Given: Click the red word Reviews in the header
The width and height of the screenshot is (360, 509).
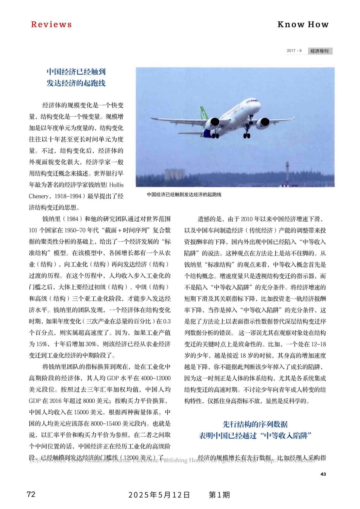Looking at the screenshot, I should pyautogui.click(x=51, y=24).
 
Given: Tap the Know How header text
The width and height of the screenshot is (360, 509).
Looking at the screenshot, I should pyautogui.click(x=303, y=24).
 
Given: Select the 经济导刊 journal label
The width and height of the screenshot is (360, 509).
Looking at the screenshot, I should pyautogui.click(x=320, y=51).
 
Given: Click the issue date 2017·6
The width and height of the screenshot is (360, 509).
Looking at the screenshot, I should pyautogui.click(x=294, y=51).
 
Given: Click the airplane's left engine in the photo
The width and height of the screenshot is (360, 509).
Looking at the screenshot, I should pyautogui.click(x=214, y=122).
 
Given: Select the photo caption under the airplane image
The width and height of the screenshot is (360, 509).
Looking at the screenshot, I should pyautogui.click(x=184, y=195).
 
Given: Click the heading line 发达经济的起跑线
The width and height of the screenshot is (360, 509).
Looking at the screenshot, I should pyautogui.click(x=76, y=83).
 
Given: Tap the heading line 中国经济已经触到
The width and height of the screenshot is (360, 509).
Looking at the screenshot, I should pyautogui.click(x=76, y=72).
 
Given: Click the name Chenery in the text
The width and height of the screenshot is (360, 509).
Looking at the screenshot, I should pyautogui.click(x=39, y=196).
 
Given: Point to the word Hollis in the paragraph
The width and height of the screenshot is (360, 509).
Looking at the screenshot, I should pyautogui.click(x=117, y=185).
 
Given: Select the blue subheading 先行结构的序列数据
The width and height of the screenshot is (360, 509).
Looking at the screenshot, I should pyautogui.click(x=255, y=424).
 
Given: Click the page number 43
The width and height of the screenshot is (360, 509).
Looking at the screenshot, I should pyautogui.click(x=323, y=474).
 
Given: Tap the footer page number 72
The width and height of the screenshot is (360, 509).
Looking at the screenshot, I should pyautogui.click(x=31, y=495).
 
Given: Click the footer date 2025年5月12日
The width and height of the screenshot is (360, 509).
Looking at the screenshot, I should pyautogui.click(x=159, y=495).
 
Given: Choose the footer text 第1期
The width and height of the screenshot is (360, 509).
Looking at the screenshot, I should pyautogui.click(x=219, y=495).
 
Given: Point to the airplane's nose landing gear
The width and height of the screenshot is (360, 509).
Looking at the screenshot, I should pyautogui.click(x=247, y=133).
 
